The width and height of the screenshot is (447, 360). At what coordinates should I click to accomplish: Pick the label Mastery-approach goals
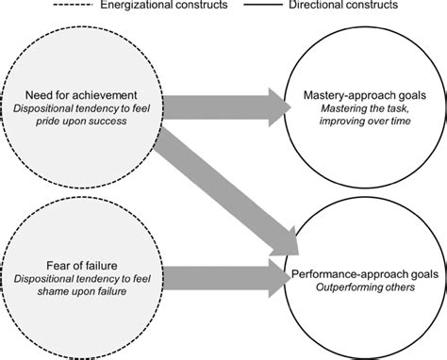click(x=363, y=95)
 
